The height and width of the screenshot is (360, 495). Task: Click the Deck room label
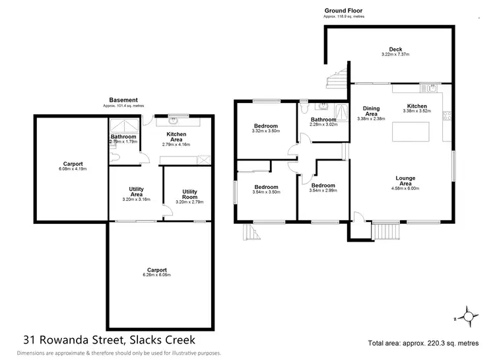pyautogui.click(x=395, y=50)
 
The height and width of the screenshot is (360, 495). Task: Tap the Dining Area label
pyautogui.click(x=371, y=110)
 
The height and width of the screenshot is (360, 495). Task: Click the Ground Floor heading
pyautogui.click(x=343, y=11)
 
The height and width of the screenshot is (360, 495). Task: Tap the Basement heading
pyautogui.click(x=123, y=100)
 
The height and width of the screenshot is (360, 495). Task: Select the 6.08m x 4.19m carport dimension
pyautogui.click(x=73, y=168)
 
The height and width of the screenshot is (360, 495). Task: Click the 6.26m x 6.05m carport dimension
pyautogui.click(x=156, y=274)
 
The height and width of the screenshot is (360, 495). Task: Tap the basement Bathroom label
pyautogui.click(x=123, y=137)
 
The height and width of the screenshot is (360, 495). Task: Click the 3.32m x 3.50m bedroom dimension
pyautogui.click(x=266, y=131)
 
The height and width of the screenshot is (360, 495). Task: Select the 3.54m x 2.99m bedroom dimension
pyautogui.click(x=323, y=191)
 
